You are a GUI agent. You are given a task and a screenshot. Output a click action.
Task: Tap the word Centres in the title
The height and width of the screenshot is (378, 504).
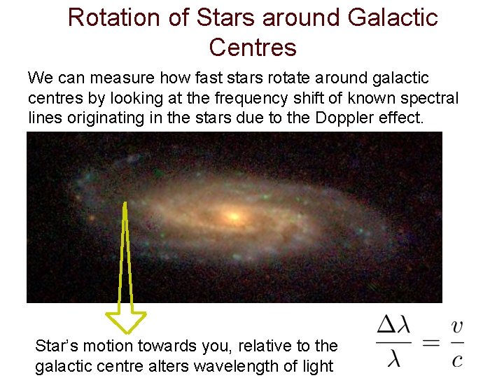tap(253, 48)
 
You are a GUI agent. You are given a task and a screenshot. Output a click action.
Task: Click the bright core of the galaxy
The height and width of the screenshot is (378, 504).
tap(233, 213)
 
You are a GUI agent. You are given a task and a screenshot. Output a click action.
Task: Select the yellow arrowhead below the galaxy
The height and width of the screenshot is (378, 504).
tap(125, 321)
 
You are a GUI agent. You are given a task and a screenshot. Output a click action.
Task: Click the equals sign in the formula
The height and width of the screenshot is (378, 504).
tap(433, 342)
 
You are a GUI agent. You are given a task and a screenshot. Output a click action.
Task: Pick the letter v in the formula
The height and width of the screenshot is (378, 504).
tap(457, 326)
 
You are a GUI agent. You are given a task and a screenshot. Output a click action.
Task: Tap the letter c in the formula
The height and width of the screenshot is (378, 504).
tap(457, 359)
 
